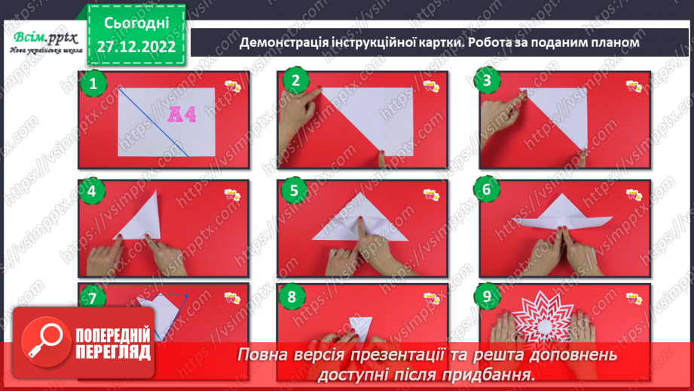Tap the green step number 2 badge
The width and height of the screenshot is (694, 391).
click(295, 82)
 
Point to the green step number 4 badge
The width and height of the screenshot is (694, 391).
click(92, 192)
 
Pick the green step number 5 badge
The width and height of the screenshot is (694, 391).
click(295, 192)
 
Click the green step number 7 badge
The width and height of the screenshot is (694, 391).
click(92, 298)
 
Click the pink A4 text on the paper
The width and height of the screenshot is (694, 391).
click(182, 115)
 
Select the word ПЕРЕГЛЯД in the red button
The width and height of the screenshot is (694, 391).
click(111, 352)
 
